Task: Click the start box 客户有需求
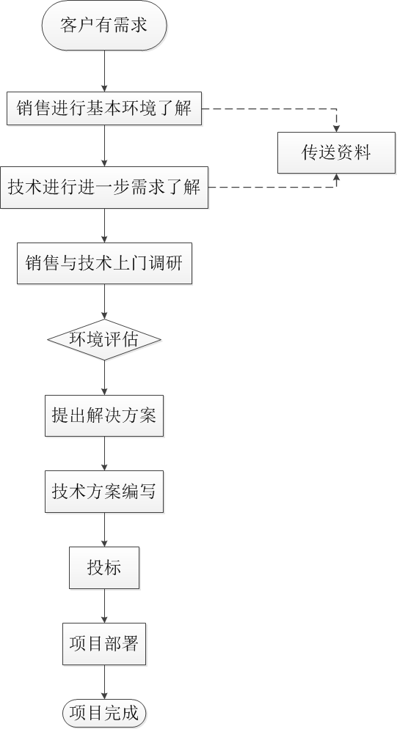[104, 25]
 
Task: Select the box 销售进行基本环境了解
[104, 108]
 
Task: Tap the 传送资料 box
[337, 153]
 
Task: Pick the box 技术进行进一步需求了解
[104, 188]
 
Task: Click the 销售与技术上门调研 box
[104, 263]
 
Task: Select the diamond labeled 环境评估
[104, 339]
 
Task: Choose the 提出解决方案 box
[104, 415]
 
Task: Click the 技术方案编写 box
[104, 492]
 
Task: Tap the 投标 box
[104, 568]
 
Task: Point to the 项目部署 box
[104, 644]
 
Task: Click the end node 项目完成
[104, 713]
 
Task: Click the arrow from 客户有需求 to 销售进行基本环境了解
[104, 71]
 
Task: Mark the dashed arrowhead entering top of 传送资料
[337, 129]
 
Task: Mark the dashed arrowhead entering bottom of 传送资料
[337, 177]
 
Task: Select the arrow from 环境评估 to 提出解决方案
[104, 377]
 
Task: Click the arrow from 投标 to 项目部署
[104, 606]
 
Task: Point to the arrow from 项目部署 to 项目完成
[104, 681]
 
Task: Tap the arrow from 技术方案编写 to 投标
[104, 530]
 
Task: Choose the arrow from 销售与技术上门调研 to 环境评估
[104, 301]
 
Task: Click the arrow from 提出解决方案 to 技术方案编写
[104, 454]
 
